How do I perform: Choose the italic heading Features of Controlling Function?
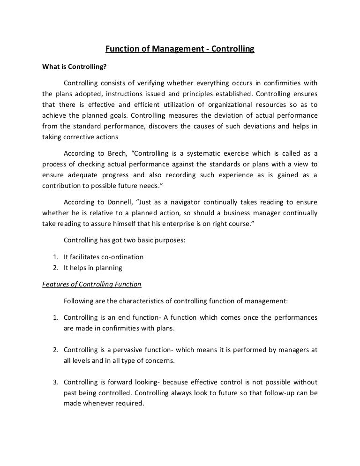tap(92, 284)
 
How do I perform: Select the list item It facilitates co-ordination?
tap(103, 257)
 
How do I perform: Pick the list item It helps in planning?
tap(92, 268)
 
